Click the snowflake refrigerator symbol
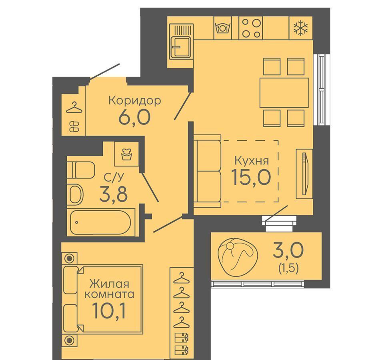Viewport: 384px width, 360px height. (x=301, y=28)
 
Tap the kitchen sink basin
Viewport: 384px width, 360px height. (x=182, y=47)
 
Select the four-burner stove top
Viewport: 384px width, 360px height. (x=250, y=28)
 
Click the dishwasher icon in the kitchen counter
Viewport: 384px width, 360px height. (x=223, y=27)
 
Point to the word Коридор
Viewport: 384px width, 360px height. (x=135, y=100)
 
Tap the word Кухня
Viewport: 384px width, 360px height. (x=252, y=161)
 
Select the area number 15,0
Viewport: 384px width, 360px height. (x=251, y=177)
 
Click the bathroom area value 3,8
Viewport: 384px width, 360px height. (x=113, y=193)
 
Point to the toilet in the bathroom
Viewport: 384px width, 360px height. (x=81, y=170)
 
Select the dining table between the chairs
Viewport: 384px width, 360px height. (x=284, y=92)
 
